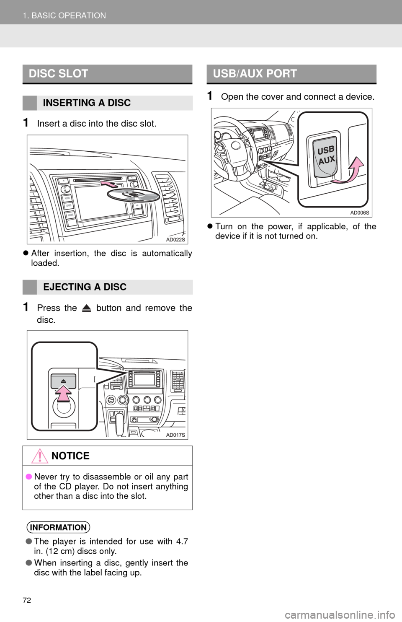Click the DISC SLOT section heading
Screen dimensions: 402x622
pyautogui.click(x=58, y=74)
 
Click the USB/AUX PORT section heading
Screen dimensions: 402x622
pyautogui.click(x=255, y=74)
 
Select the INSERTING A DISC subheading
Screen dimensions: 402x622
pyautogui.click(x=87, y=103)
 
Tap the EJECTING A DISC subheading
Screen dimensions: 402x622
pyautogui.click(x=85, y=287)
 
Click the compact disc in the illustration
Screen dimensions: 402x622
pyautogui.click(x=134, y=195)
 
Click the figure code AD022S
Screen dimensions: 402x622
pyautogui.click(x=175, y=240)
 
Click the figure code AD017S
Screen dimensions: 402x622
pyautogui.click(x=175, y=435)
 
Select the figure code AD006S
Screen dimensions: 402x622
pyautogui.click(x=360, y=213)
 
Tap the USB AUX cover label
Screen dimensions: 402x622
pyautogui.click(x=326, y=155)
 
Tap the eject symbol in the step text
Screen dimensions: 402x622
pyautogui.click(x=87, y=308)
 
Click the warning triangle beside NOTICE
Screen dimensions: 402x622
pyautogui.click(x=39, y=456)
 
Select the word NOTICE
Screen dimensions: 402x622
pyautogui.click(x=70, y=456)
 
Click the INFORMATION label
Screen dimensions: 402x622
pyautogui.click(x=58, y=527)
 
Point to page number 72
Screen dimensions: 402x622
pyautogui.click(x=27, y=600)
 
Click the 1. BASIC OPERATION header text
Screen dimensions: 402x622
pyautogui.click(x=64, y=16)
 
